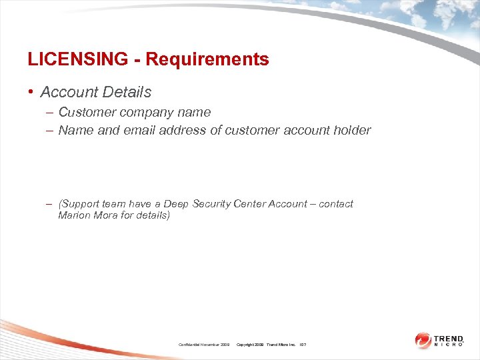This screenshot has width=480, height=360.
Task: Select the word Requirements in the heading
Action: [x=207, y=59]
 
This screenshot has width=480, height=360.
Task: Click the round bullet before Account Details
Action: [x=31, y=92]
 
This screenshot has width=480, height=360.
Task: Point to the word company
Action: [x=147, y=112]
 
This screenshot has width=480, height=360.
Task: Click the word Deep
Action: [x=177, y=204]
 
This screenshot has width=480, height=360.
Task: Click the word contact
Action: [x=336, y=204]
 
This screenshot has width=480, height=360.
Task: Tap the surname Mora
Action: [x=105, y=215]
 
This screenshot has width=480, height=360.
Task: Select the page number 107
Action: [x=303, y=344]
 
